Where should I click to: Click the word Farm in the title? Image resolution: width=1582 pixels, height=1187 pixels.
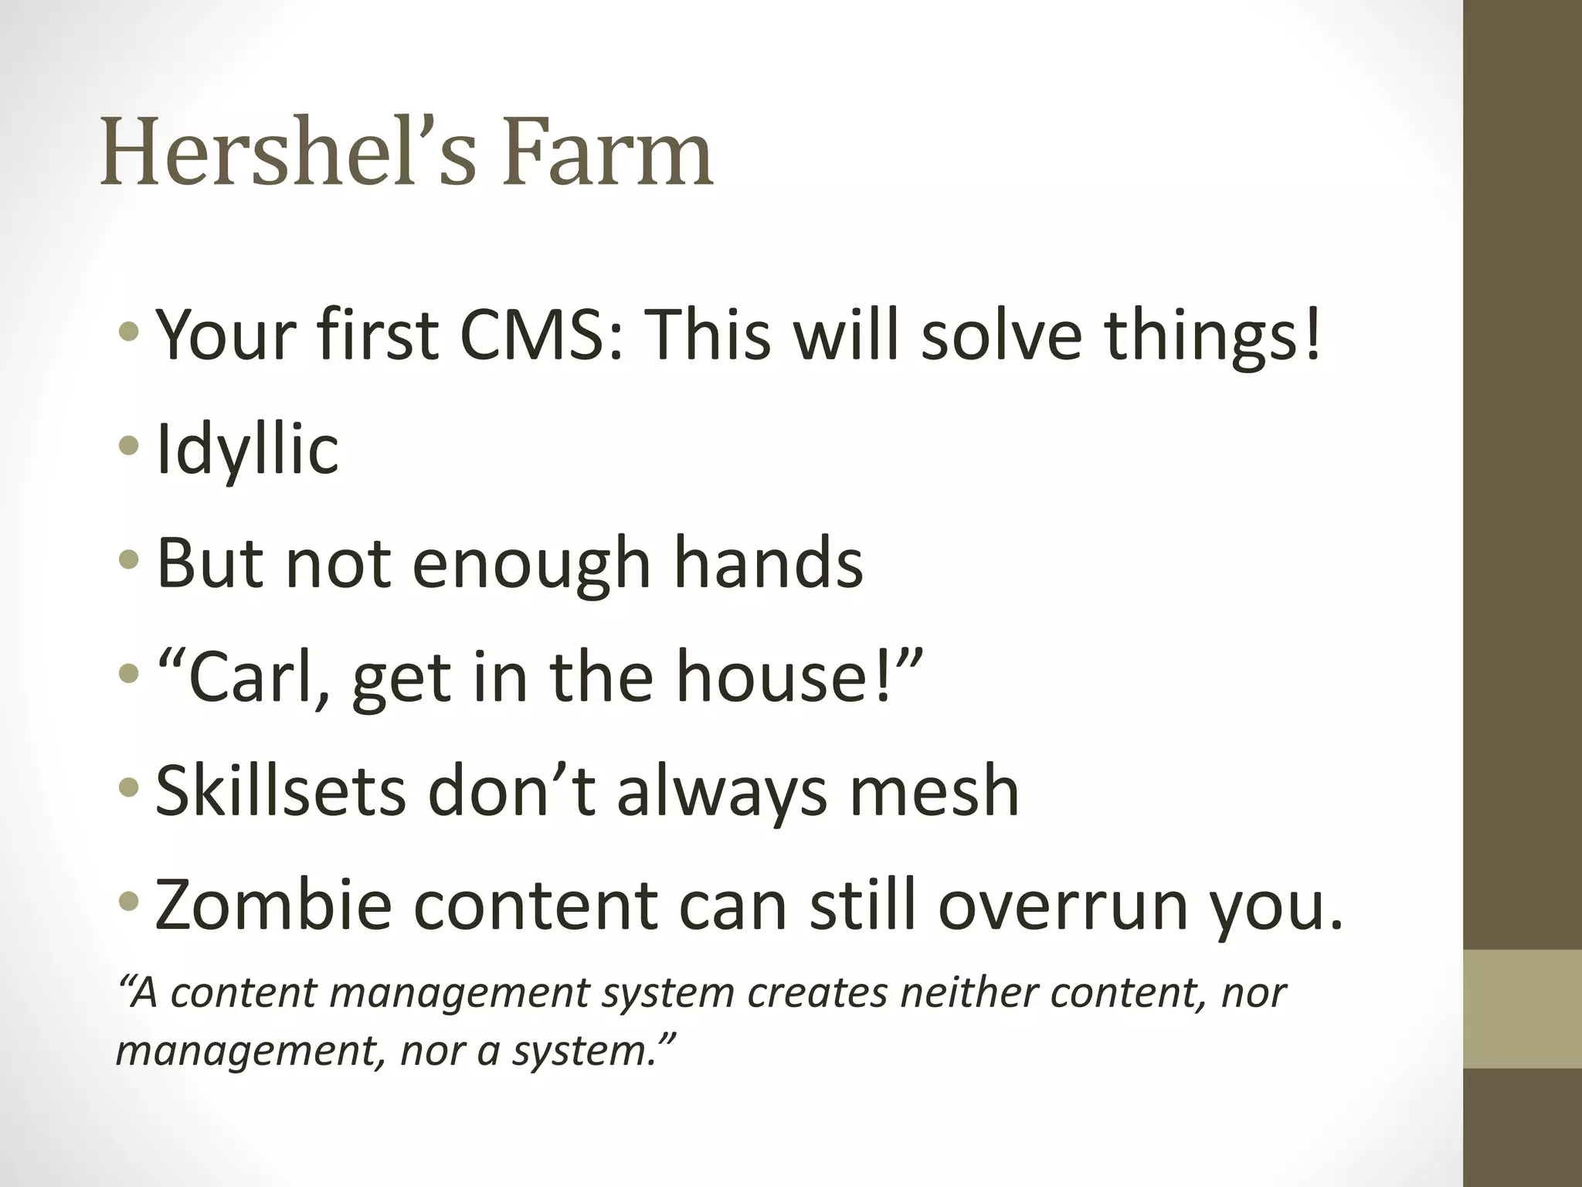pos(608,153)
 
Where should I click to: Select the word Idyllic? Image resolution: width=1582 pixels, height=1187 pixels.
pos(247,450)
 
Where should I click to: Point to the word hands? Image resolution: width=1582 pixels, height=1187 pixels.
pos(768,563)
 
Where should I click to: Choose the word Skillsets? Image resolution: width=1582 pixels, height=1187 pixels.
pos(280,791)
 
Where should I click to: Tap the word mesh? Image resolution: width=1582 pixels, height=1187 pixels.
pos(934,791)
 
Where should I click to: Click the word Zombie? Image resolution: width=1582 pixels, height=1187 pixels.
pos(273,904)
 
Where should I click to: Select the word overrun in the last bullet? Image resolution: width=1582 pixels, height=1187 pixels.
pos(1063,904)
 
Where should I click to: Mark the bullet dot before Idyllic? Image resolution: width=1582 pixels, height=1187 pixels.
pos(129,446)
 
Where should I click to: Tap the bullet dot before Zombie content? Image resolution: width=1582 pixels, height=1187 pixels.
pos(129,901)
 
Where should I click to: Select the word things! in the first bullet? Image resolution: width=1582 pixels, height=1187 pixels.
pos(1213,336)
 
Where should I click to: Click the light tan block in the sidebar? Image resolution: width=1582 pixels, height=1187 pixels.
pos(1522,1009)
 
